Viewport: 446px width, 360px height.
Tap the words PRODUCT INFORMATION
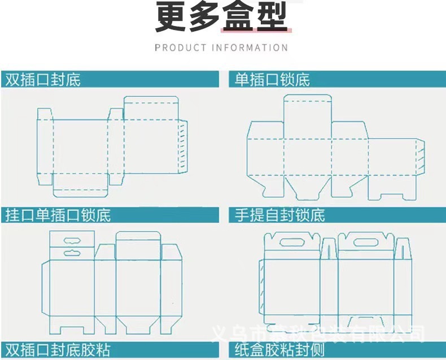coord(221,47)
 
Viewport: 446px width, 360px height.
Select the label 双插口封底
coord(43,80)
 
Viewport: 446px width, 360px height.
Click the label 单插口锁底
coord(273,80)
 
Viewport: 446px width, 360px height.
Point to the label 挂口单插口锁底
coord(58,215)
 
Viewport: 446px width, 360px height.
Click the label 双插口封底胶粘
coord(58,349)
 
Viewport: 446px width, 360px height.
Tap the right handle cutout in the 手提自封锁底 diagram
coord(365,242)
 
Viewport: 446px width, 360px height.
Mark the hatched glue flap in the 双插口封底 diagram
coord(182,148)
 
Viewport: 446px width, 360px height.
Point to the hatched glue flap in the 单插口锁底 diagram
coord(420,157)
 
